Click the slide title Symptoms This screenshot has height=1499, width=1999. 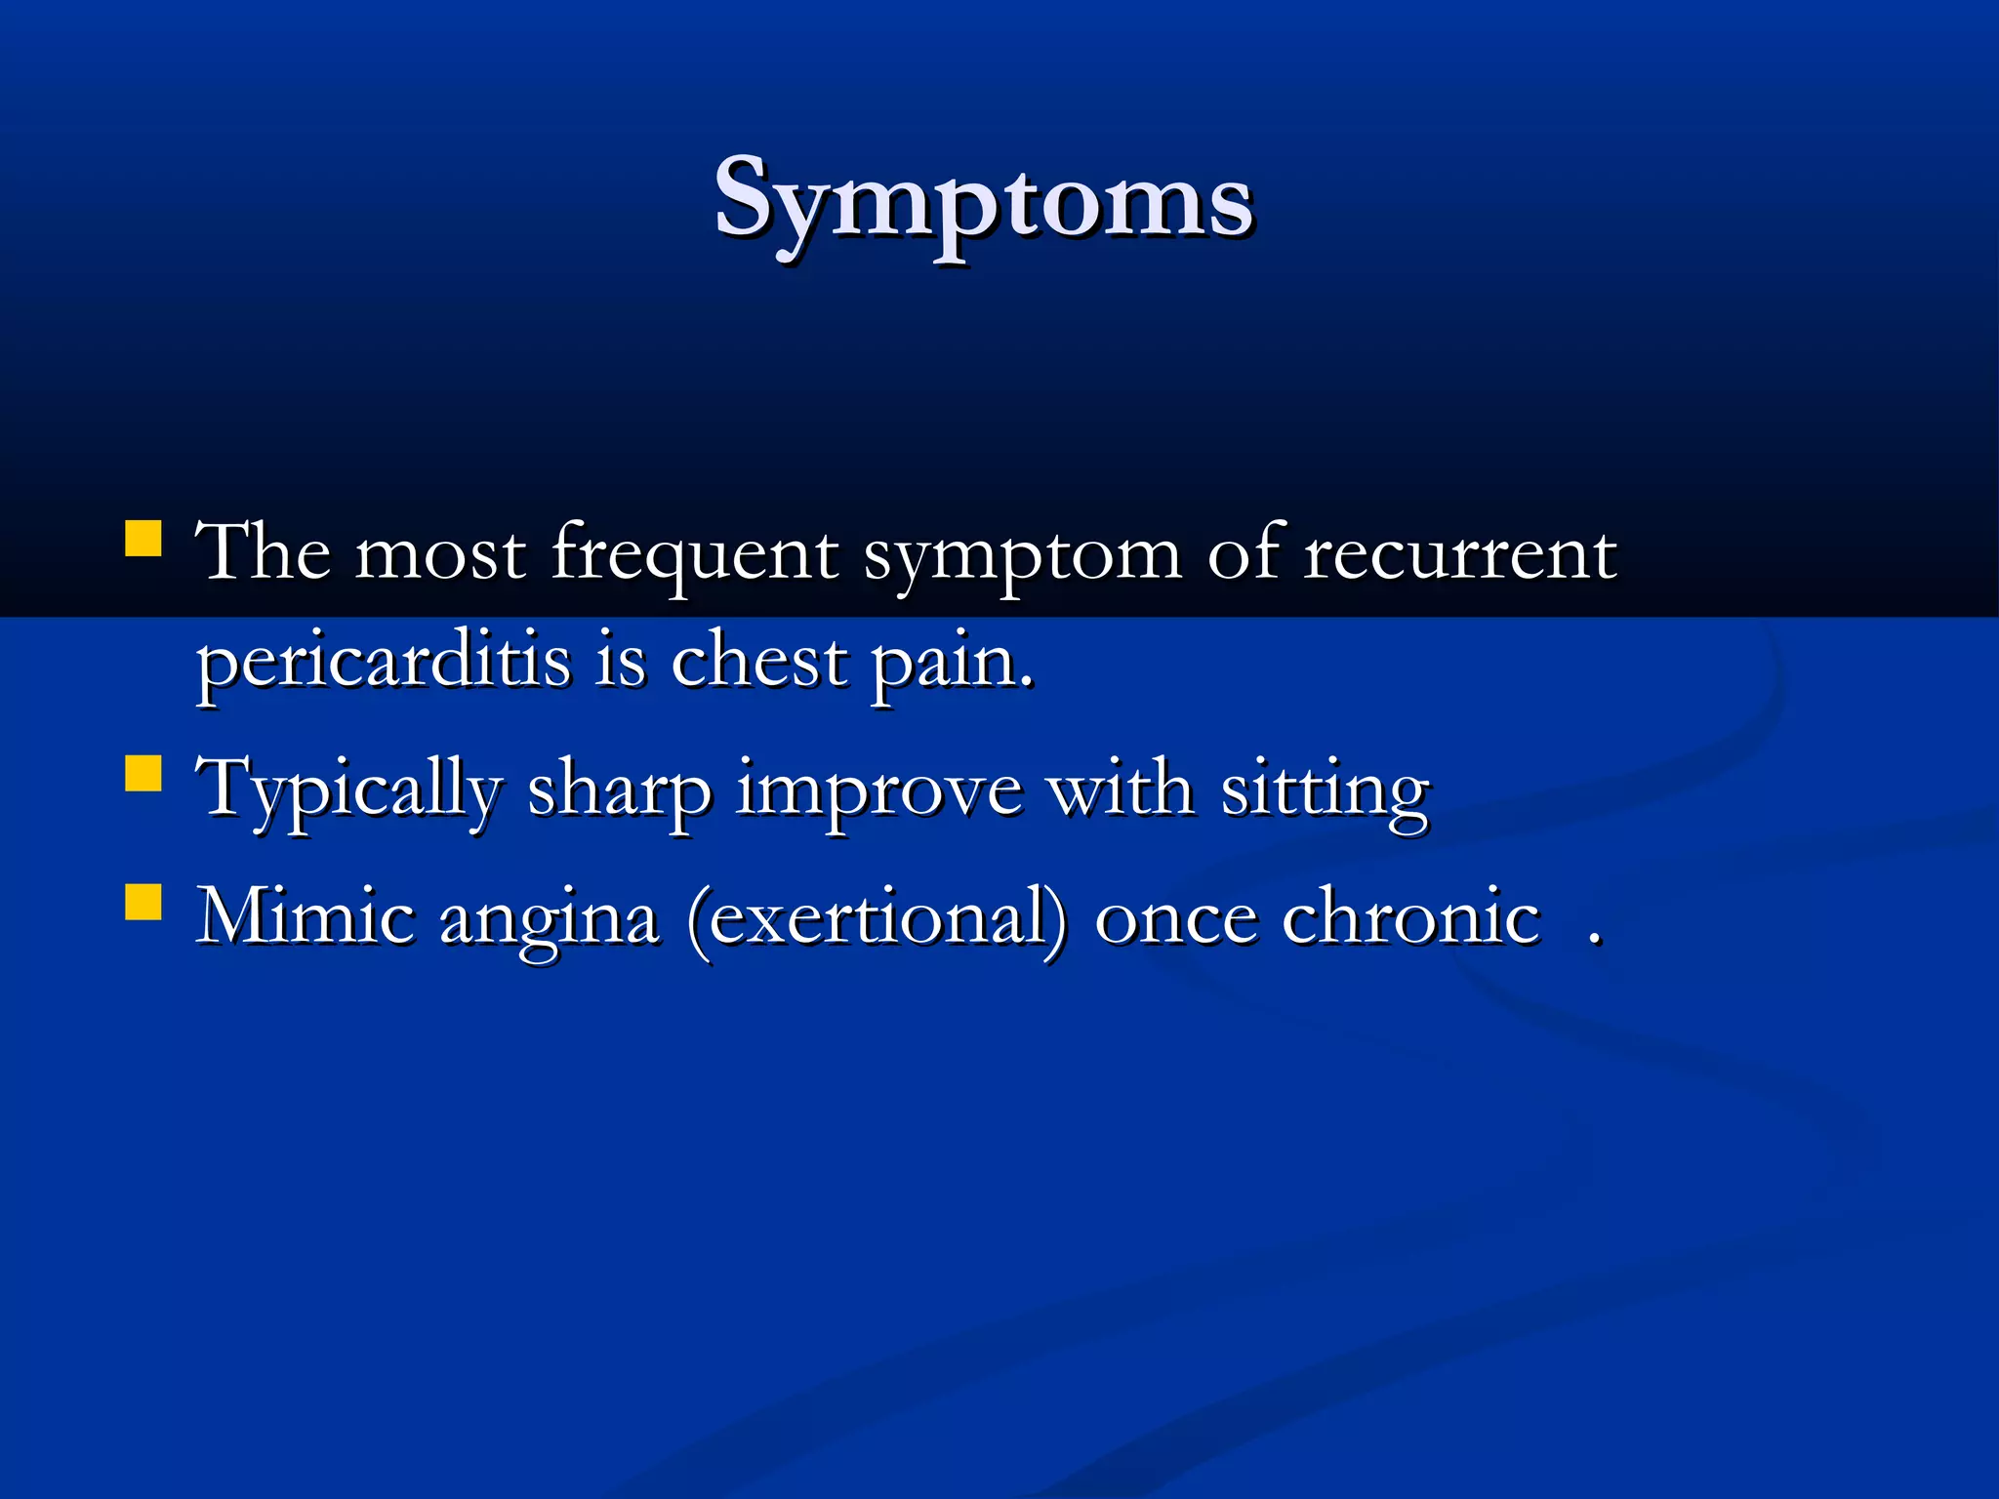coord(983,200)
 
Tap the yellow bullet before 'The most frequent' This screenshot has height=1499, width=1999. coord(143,539)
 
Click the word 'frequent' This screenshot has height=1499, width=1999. coord(694,554)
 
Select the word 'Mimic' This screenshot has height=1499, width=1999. coord(306,917)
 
